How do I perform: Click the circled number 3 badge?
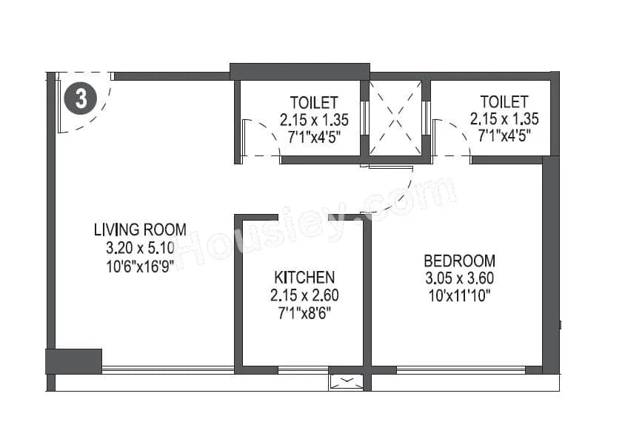click(x=81, y=99)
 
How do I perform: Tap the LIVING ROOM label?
click(x=140, y=229)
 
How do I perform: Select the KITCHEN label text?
click(x=304, y=278)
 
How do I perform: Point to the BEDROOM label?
click(x=459, y=261)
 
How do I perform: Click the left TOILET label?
click(x=314, y=102)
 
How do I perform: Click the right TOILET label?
click(x=504, y=101)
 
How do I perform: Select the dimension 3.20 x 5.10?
click(x=140, y=247)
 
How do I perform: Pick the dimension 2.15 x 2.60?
click(x=304, y=295)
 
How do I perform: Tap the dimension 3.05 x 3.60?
click(x=459, y=278)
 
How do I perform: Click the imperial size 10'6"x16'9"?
click(x=140, y=264)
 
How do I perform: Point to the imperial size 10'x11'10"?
click(x=459, y=295)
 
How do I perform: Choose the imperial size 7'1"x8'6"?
click(x=304, y=312)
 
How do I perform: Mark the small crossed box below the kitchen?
click(x=347, y=382)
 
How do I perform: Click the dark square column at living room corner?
click(x=73, y=361)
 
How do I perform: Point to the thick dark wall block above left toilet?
click(x=299, y=71)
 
